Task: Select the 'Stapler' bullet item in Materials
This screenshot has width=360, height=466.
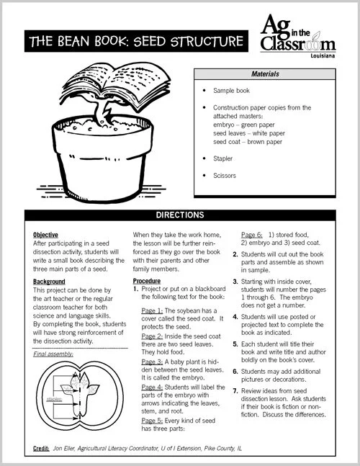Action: (x=224, y=156)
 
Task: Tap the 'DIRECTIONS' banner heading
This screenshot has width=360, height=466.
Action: (x=180, y=215)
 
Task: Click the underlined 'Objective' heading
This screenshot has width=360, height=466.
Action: (x=45, y=235)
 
